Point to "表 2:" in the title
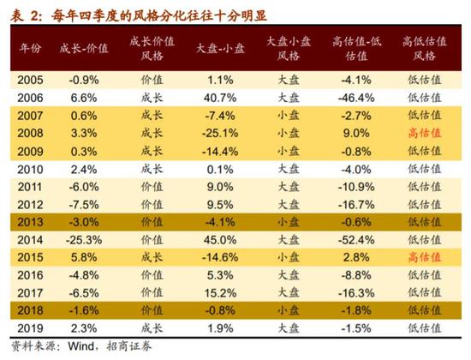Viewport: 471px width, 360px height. pos(23,12)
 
